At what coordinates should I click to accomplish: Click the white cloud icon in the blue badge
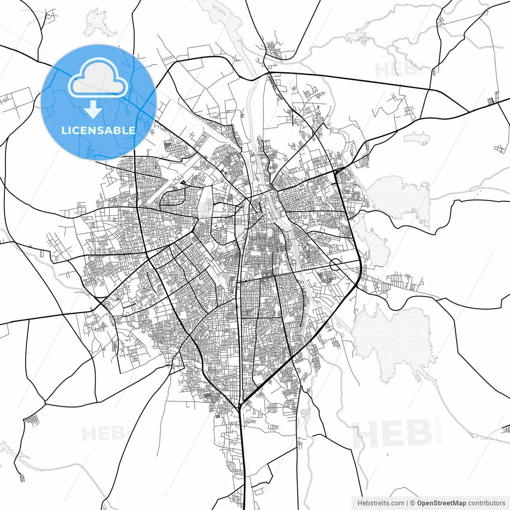pyautogui.click(x=98, y=78)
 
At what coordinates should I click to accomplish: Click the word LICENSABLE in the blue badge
pyautogui.click(x=98, y=130)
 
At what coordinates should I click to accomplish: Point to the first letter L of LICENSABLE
pyautogui.click(x=64, y=130)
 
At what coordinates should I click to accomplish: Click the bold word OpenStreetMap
pyautogui.click(x=441, y=503)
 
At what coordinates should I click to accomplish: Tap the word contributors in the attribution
pyautogui.click(x=486, y=503)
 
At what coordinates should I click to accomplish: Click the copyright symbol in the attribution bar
pyautogui.click(x=412, y=503)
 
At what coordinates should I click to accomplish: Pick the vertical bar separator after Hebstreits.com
pyautogui.click(x=407, y=503)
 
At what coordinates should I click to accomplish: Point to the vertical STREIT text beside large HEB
pyautogui.click(x=439, y=430)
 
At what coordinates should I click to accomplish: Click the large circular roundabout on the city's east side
pyautogui.click(x=335, y=264)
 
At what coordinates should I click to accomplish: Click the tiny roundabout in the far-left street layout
pyautogui.click(x=16, y=107)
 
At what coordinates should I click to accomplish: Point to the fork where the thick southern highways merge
pyautogui.click(x=240, y=406)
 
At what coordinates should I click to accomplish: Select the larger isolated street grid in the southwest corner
pyautogui.click(x=31, y=420)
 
